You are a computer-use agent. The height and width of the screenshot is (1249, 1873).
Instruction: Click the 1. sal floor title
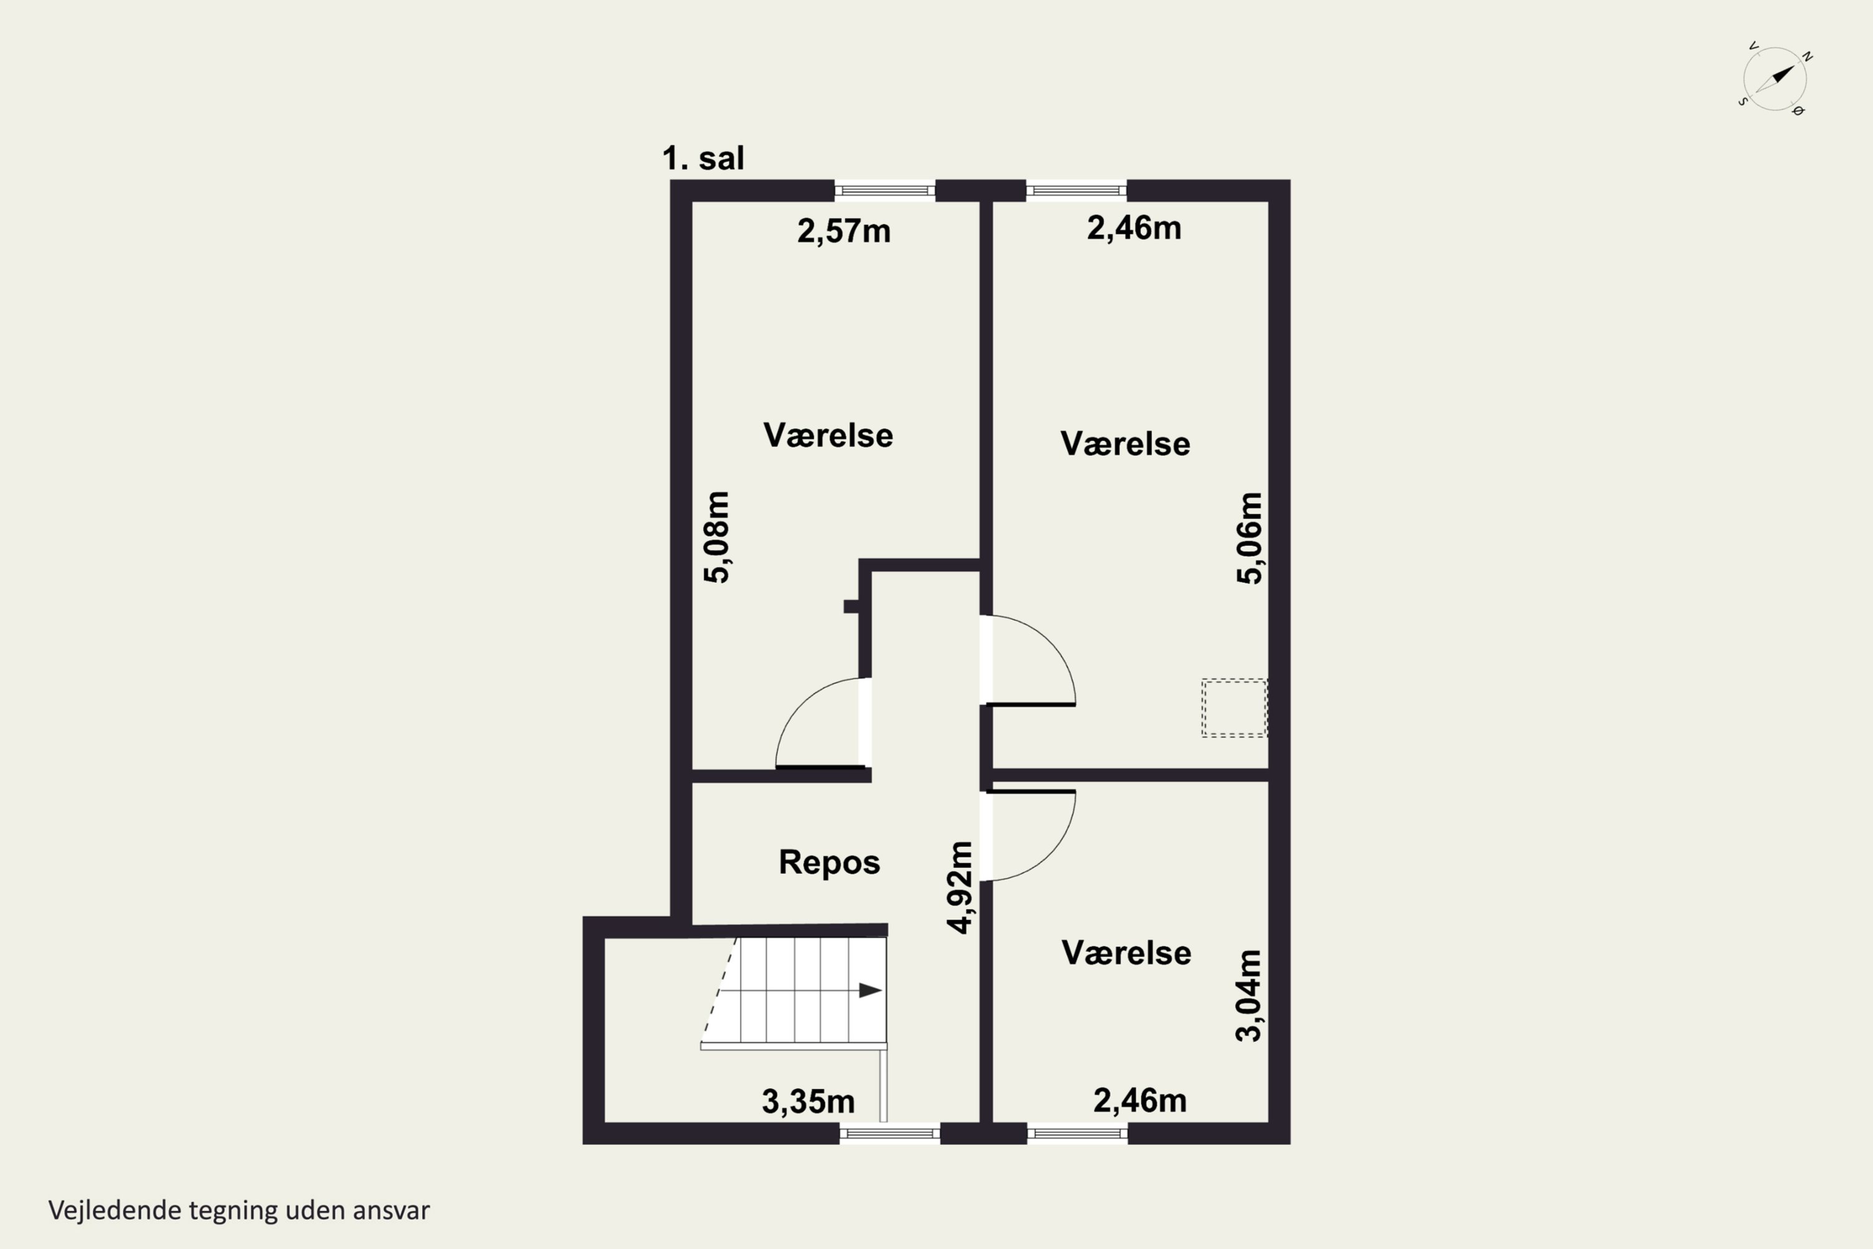point(703,158)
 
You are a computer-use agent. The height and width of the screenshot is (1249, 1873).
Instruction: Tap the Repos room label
point(829,862)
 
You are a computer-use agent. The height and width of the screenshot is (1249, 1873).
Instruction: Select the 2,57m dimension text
point(843,231)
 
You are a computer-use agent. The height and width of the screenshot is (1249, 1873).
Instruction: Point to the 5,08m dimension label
point(717,537)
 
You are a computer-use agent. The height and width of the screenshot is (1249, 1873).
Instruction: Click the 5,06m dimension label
point(1249,538)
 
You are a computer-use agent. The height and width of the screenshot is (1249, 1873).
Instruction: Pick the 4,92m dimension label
point(960,887)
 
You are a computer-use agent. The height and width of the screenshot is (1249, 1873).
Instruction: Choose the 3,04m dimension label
point(1248,995)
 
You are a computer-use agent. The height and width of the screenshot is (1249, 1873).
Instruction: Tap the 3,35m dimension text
point(809,1102)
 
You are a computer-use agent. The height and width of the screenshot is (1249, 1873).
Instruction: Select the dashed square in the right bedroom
point(1234,708)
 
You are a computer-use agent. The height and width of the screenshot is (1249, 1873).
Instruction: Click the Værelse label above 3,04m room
point(1126,953)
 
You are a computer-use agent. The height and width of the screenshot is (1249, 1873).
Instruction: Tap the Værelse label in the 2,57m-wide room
point(828,435)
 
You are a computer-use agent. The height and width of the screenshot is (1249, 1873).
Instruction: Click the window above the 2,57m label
point(885,190)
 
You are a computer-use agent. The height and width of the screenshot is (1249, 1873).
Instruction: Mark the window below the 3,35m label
point(890,1133)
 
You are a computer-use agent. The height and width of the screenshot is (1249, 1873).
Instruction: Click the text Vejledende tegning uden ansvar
point(239,1210)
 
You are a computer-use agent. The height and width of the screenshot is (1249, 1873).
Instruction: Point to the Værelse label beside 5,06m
point(1125,443)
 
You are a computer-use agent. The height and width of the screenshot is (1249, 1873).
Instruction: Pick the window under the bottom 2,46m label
point(1078,1133)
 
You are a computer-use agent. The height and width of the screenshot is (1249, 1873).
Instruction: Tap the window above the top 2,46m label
point(1076,190)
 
